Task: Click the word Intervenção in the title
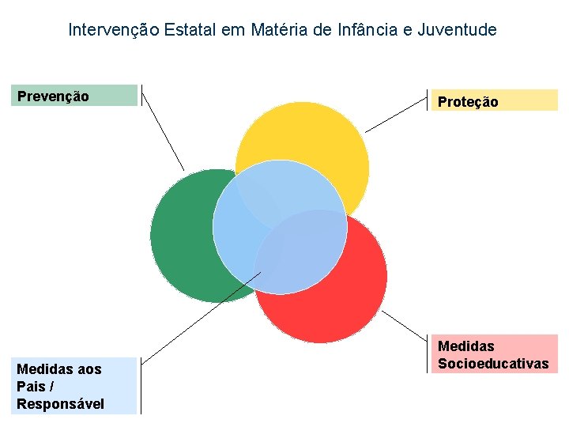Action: tap(115, 30)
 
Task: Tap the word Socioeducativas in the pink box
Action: tap(493, 363)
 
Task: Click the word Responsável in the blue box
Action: tap(60, 404)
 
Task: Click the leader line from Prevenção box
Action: tap(162, 130)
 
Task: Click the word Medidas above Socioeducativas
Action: tap(466, 346)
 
